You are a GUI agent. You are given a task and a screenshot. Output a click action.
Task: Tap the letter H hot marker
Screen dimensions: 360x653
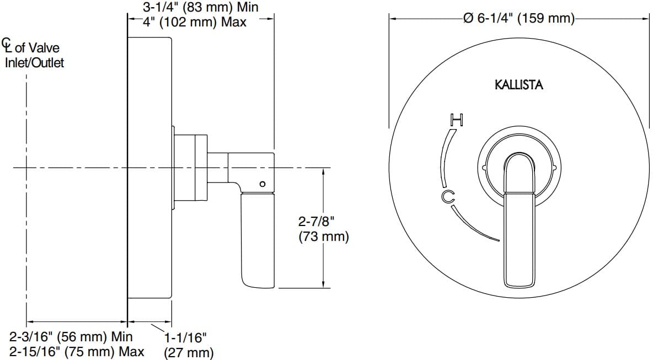point(457,119)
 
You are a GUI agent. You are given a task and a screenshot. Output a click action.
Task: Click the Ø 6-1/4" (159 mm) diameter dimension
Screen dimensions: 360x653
point(518,18)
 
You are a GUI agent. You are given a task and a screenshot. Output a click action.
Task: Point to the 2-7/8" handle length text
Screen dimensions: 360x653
point(317,222)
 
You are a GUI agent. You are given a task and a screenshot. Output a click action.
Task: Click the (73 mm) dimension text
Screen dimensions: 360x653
point(323,237)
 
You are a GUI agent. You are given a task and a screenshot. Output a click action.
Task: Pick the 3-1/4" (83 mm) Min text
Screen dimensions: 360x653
point(200,8)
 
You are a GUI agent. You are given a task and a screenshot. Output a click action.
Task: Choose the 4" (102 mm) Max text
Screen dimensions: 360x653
point(195,23)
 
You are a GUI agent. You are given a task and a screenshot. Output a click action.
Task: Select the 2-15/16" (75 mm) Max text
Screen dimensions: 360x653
point(77,352)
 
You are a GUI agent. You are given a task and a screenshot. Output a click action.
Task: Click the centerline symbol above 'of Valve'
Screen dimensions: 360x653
point(6,43)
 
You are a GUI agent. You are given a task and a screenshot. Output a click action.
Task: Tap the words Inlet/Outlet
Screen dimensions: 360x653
point(34,63)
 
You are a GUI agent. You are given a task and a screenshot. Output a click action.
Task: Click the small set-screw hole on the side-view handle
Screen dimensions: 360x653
point(262,184)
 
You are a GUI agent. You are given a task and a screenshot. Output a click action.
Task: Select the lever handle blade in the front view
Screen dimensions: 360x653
point(519,240)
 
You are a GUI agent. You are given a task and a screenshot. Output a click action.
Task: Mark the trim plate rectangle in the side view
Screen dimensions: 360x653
point(150,165)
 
